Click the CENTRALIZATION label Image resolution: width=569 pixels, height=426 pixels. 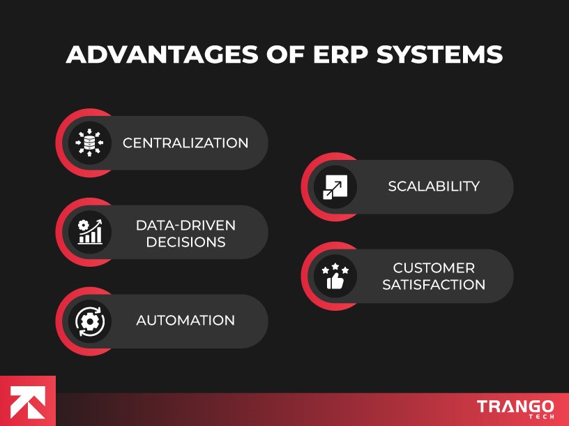coord(185,143)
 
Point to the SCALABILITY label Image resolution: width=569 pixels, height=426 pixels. coord(434,186)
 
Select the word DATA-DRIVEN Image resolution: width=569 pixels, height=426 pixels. coord(185,225)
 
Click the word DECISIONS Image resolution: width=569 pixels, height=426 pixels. coord(181,242)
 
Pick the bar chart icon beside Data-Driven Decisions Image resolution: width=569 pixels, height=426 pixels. coord(90,232)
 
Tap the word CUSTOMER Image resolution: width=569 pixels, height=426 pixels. coord(434,268)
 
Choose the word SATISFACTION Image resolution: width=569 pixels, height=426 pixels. coord(434,285)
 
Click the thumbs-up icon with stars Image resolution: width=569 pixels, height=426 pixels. coord(335,277)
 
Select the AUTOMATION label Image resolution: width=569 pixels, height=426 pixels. coord(185,321)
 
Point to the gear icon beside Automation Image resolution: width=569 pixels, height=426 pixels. coord(90,321)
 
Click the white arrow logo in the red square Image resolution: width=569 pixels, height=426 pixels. coord(27,402)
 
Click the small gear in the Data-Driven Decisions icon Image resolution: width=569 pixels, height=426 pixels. coord(84,225)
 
